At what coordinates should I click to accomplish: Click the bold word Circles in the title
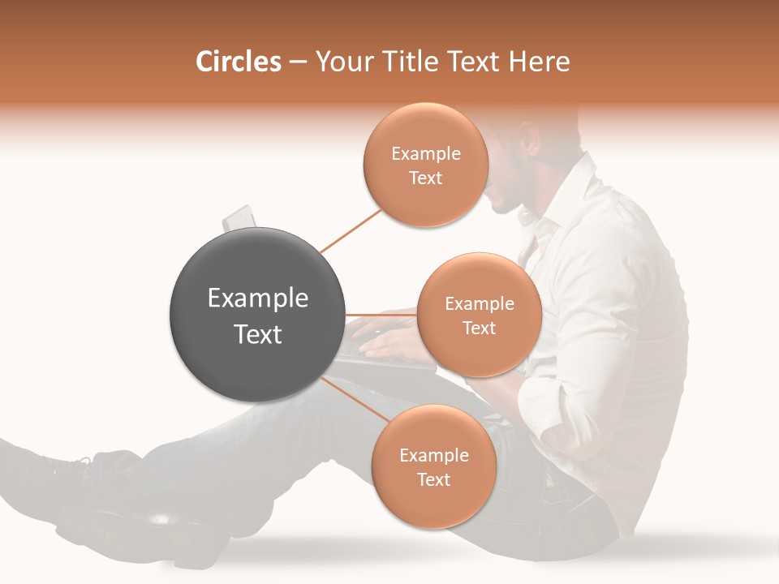(x=238, y=62)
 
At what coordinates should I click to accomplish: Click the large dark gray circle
(x=258, y=315)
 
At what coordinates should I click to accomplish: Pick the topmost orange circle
(x=426, y=165)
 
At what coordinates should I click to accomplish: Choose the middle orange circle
(x=480, y=315)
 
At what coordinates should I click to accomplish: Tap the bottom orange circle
(x=433, y=466)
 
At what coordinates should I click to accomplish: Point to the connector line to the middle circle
(x=381, y=315)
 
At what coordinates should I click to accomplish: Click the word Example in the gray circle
(x=258, y=298)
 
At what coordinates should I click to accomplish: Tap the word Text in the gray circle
(x=258, y=334)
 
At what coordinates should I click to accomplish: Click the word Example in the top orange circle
(x=426, y=154)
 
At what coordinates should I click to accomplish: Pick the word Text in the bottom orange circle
(x=433, y=479)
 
